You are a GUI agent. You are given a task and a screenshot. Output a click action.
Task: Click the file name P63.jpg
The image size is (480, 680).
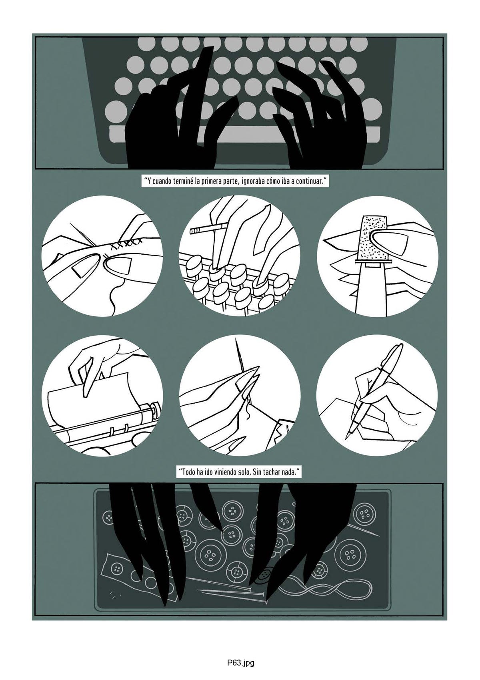(x=240, y=661)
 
